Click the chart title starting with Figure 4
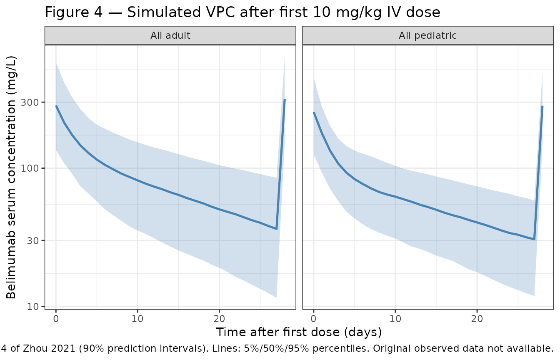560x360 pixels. coord(242,12)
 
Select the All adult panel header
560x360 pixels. coord(170,35)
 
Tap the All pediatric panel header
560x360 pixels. coord(427,35)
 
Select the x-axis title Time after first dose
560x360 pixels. coord(299,332)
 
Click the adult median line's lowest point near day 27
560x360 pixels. coord(276,229)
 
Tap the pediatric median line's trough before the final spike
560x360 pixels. coord(534,239)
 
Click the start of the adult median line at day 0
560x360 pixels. coord(56,106)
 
